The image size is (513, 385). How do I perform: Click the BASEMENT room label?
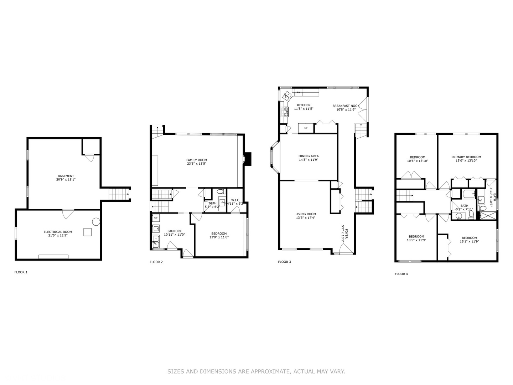click(66, 176)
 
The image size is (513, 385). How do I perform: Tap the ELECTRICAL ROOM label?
click(58, 232)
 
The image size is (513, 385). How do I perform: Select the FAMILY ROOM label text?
click(196, 160)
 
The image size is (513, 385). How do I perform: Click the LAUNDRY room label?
click(175, 231)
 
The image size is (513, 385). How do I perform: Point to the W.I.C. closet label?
click(235, 200)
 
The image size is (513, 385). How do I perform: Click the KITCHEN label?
click(304, 105)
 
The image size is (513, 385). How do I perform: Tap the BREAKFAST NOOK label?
click(346, 106)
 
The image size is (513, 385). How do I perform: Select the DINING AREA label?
click(309, 156)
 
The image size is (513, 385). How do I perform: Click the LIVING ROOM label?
click(305, 214)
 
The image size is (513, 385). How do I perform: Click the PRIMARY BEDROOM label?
click(466, 157)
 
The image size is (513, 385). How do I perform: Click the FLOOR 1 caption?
click(21, 272)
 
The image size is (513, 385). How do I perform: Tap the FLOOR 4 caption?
click(401, 274)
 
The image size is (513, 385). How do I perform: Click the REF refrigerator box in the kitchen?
click(306, 128)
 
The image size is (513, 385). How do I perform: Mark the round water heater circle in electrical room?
click(96, 221)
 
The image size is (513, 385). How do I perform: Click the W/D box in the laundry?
click(156, 217)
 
